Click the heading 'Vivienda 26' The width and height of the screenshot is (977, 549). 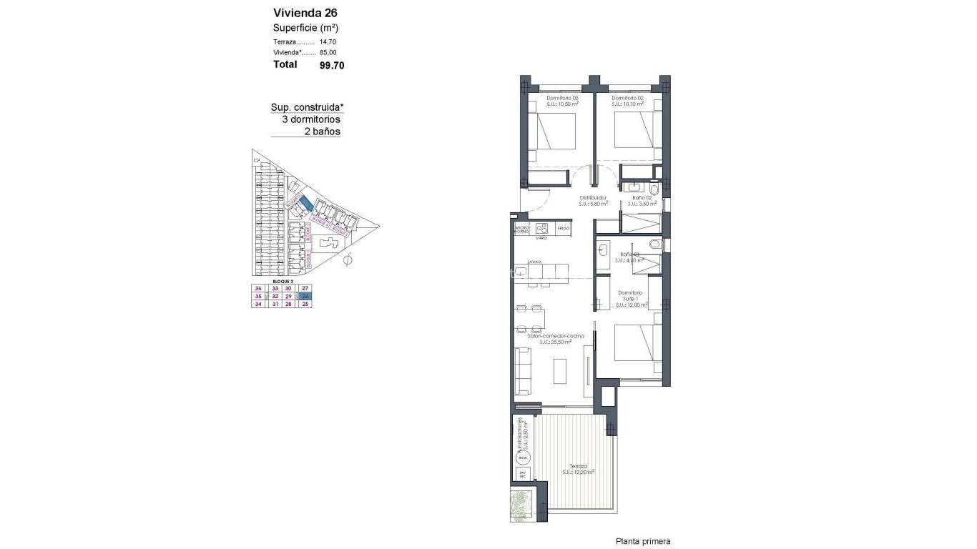point(305,12)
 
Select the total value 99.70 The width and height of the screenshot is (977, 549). point(332,65)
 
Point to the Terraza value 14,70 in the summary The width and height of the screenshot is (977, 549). point(328,41)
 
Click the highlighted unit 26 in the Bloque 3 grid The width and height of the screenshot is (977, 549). point(305,295)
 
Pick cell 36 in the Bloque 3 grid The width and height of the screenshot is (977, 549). point(258,287)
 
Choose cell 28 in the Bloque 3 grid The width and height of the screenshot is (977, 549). point(289,304)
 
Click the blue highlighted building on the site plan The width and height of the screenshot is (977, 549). point(305,204)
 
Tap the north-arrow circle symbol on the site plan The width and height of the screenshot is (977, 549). point(348,260)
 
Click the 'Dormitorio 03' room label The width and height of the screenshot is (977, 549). point(562,98)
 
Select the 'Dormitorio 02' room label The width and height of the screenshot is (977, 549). point(629,98)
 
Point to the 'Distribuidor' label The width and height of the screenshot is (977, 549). point(593,197)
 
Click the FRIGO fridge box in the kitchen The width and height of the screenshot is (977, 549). point(563,228)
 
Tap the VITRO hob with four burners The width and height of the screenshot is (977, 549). point(542,229)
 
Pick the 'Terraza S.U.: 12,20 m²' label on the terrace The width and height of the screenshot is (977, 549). point(578,469)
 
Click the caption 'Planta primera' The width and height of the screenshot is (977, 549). point(642,542)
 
